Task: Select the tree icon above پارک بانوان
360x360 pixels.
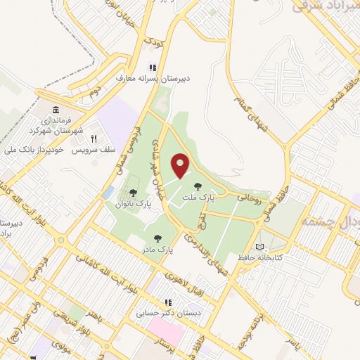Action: click(x=134, y=192)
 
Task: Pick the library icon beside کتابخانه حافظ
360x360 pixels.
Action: click(x=263, y=247)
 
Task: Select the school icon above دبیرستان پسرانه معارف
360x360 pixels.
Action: click(x=150, y=68)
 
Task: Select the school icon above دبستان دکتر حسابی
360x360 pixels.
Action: click(x=167, y=302)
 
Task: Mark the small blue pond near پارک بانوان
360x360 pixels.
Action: click(x=108, y=191)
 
